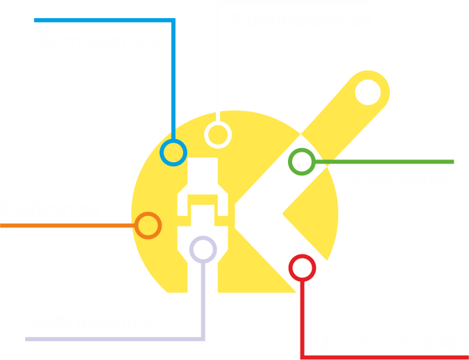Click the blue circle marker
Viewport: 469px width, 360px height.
(x=173, y=152)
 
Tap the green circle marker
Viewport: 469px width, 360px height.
(x=301, y=161)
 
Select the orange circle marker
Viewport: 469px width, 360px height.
(x=147, y=225)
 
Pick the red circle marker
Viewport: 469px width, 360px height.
(x=302, y=267)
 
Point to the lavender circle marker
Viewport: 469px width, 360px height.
(x=203, y=249)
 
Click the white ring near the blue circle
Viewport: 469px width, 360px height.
(x=217, y=134)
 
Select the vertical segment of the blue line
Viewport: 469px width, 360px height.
(x=173, y=77)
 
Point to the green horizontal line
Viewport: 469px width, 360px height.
(x=384, y=161)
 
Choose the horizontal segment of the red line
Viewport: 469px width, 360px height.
(x=384, y=357)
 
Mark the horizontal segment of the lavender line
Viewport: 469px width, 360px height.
(x=112, y=339)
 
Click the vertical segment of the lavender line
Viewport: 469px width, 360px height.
(x=203, y=301)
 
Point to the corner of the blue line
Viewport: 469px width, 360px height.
(x=173, y=20)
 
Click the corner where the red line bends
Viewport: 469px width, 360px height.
(x=302, y=357)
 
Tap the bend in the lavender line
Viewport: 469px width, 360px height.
(x=203, y=339)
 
